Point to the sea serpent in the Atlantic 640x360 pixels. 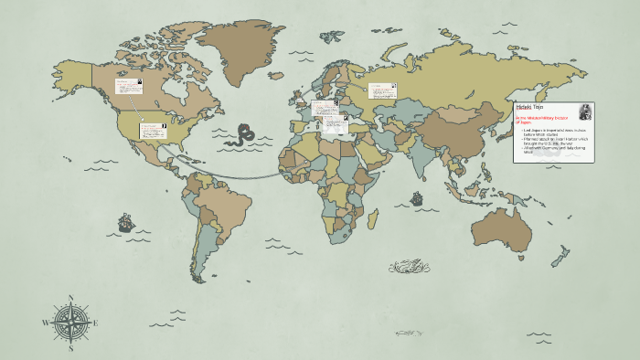coord(243,134)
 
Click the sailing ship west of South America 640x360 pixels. coord(124,222)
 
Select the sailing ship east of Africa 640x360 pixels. coord(416,197)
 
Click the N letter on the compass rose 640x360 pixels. coord(70,298)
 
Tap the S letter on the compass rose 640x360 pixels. coord(70,347)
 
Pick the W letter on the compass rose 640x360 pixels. coord(46,323)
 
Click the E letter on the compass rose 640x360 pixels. coord(95,323)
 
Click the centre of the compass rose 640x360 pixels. coord(70,323)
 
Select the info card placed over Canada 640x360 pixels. coord(127,85)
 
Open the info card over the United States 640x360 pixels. coord(152,130)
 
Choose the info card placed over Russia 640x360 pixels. coord(381,90)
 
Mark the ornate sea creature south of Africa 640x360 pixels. coord(409,267)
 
